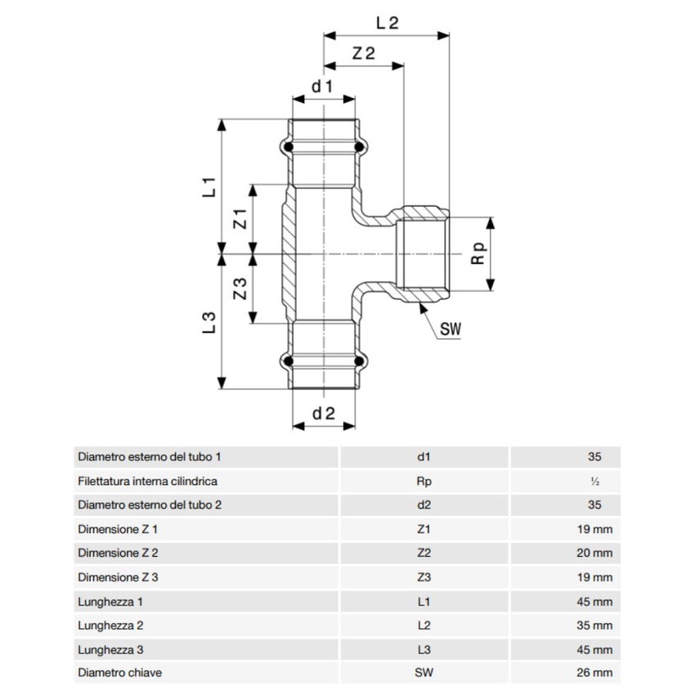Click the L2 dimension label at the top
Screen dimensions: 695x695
388,23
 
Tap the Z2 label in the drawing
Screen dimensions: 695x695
364,53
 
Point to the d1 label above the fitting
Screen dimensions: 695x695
322,87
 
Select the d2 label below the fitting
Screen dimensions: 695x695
324,414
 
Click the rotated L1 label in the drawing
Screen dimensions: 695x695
209,186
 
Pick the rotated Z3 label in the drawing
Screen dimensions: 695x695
240,289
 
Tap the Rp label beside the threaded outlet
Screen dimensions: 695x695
479,253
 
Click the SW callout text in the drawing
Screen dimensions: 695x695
451,329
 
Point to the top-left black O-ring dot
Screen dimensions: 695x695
289,146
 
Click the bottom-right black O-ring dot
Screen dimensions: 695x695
359,361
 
